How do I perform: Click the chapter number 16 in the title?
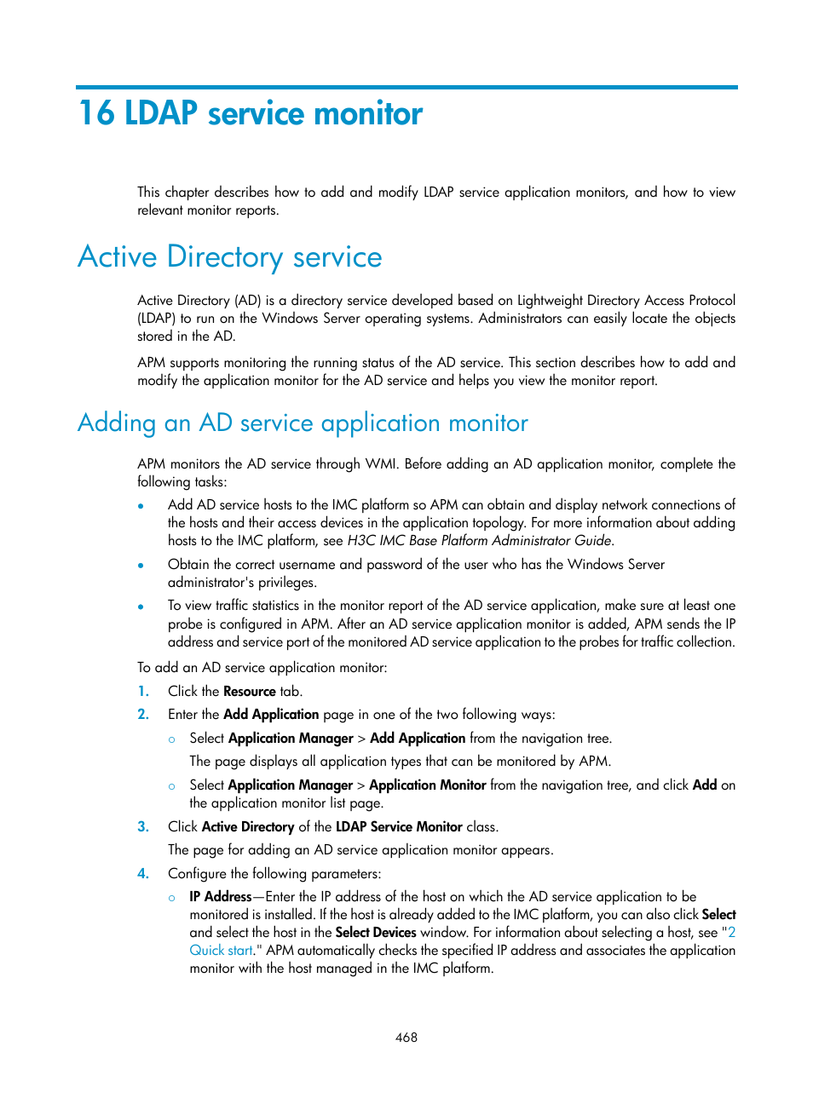[x=95, y=113]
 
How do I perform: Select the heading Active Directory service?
[x=230, y=256]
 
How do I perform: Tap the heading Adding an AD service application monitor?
[x=303, y=423]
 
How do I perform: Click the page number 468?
[x=406, y=1037]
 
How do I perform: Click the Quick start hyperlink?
[x=221, y=950]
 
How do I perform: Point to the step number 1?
[x=143, y=691]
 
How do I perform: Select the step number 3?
[x=143, y=826]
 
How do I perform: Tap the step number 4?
[x=143, y=873]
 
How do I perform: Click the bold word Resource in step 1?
[x=249, y=691]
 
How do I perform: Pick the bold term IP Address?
[x=220, y=896]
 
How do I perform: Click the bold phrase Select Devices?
[x=375, y=932]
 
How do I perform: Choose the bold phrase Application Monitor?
[x=427, y=785]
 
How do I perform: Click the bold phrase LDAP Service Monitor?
[x=398, y=826]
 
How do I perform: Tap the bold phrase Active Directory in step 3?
[x=247, y=826]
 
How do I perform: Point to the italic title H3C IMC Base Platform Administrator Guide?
[x=479, y=540]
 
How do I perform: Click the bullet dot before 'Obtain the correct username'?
[x=141, y=565]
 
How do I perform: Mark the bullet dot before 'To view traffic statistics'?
[x=141, y=607]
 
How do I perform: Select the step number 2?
[x=143, y=714]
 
